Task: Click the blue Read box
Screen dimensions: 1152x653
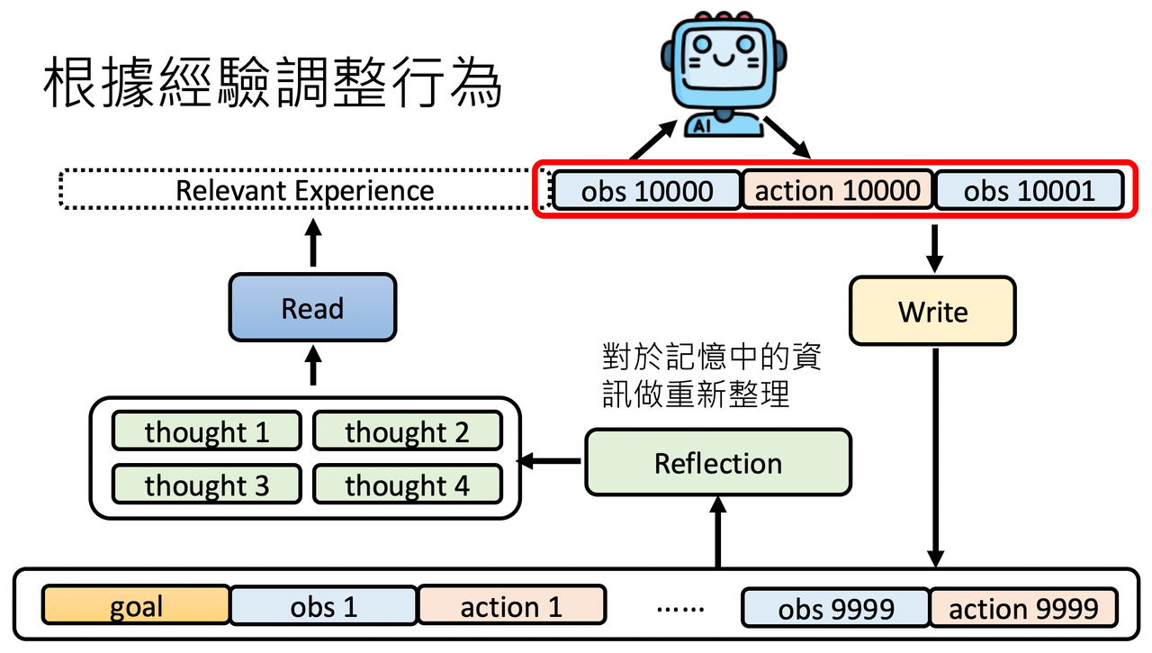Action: pos(312,308)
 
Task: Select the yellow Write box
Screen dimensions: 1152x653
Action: pos(933,312)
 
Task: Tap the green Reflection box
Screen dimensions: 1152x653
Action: pos(718,463)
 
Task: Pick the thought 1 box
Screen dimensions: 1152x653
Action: pos(206,431)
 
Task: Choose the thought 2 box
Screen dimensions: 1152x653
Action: pos(408,431)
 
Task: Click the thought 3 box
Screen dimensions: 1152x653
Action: pos(206,485)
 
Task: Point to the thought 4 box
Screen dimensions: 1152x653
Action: pos(408,485)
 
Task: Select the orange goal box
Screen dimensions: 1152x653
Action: pos(136,605)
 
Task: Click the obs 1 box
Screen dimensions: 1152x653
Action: pos(324,605)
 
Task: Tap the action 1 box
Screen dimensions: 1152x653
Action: pos(512,605)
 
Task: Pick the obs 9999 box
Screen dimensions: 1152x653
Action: pos(836,608)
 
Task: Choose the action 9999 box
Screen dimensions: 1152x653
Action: pos(1024,608)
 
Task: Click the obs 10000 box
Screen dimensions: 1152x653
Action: pos(647,190)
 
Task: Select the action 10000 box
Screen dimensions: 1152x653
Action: pos(838,190)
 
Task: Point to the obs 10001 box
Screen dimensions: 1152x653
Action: pos(1029,190)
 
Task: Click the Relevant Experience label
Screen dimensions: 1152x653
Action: pos(305,190)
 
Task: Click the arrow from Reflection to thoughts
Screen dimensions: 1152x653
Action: pos(549,460)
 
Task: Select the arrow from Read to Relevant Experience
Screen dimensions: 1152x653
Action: pos(313,242)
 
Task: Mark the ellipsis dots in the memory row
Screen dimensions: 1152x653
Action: pos(679,610)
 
